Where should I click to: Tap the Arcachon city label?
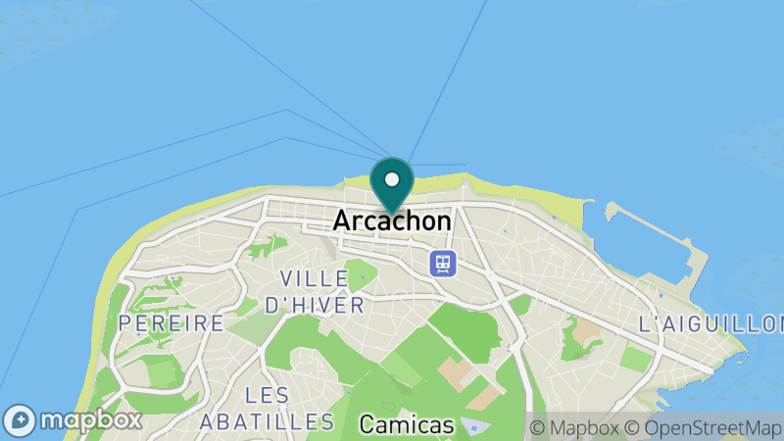(392, 221)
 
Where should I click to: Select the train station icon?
(443, 263)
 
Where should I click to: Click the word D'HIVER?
(316, 305)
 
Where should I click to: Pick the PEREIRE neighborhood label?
(171, 322)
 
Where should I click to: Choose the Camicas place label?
(407, 424)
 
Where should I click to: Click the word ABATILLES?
(267, 422)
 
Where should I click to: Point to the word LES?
(268, 395)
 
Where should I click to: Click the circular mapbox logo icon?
(21, 420)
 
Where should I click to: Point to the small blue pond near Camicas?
(476, 425)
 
